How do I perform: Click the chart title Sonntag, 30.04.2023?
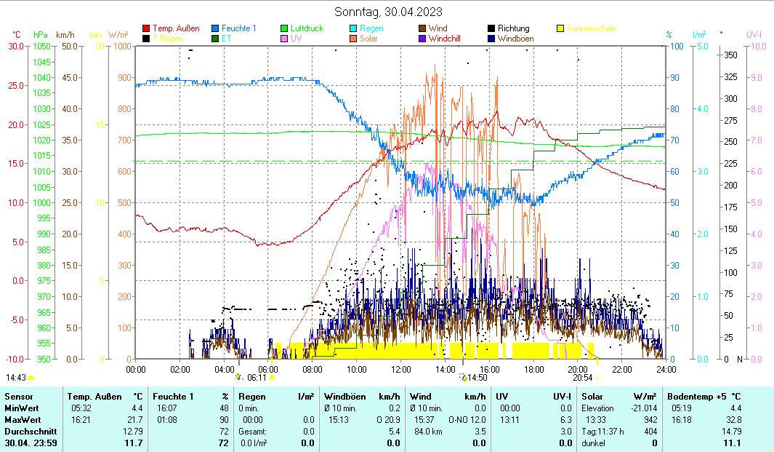coord(388,12)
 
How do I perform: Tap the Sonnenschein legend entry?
coord(592,28)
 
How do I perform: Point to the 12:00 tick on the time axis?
coord(401,369)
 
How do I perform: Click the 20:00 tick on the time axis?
coord(578,369)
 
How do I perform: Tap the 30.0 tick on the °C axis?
coord(16,46)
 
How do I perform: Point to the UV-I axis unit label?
coord(754,34)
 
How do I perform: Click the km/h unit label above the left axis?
coord(65,34)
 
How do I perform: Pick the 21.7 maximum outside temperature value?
coord(134,420)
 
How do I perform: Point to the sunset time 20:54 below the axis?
coord(582,378)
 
